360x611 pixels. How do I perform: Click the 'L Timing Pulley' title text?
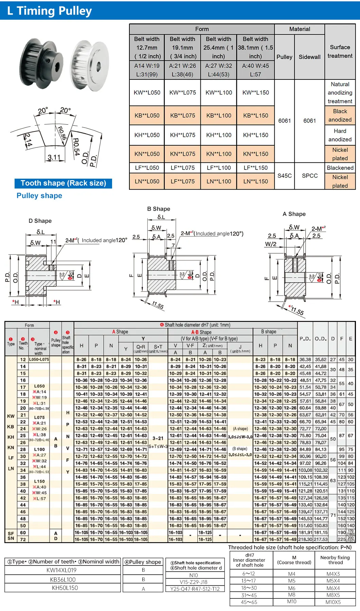click(50, 11)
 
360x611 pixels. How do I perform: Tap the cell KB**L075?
click(183, 115)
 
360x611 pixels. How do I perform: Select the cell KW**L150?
click(255, 92)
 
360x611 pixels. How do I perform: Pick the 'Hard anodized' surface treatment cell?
click(340, 135)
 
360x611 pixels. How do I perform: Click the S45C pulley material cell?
click(285, 176)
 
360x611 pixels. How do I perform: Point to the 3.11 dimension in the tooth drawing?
click(54, 157)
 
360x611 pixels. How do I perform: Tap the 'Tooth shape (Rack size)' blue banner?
click(63, 183)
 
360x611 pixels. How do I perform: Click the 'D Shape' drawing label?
click(40, 221)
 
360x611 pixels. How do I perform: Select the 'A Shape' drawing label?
click(294, 214)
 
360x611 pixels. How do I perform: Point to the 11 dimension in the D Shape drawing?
click(53, 241)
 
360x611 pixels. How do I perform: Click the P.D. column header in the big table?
click(305, 339)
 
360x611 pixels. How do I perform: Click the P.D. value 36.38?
click(305, 359)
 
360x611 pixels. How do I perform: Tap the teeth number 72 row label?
click(23, 539)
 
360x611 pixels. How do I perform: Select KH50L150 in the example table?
click(65, 588)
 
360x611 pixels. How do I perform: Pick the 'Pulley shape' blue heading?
click(39, 196)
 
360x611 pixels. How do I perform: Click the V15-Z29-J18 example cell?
click(194, 582)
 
